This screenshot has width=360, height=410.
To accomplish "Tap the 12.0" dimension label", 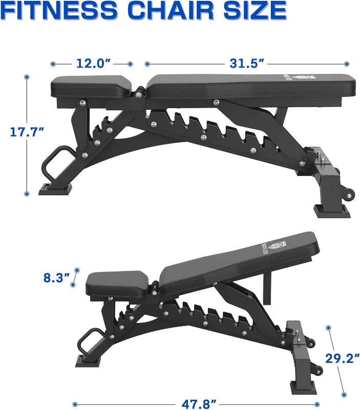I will (94, 64).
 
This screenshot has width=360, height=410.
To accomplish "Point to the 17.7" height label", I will (27, 132).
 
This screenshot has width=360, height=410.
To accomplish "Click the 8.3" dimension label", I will (56, 278).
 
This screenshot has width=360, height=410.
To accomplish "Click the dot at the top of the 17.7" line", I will (27, 77).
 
